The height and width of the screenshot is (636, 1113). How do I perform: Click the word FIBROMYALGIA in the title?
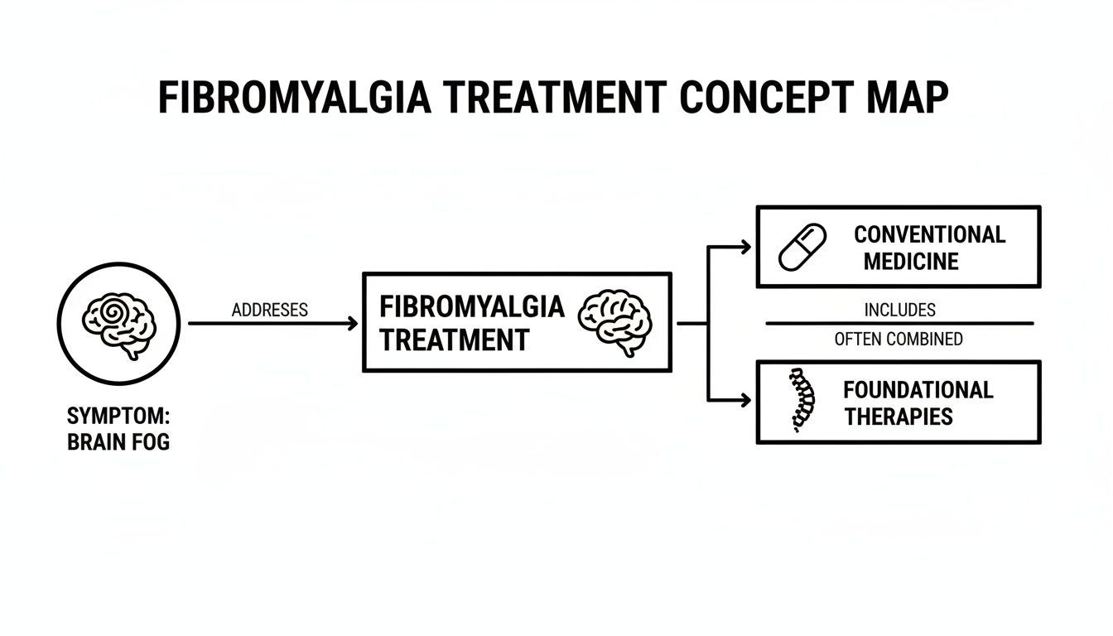click(293, 99)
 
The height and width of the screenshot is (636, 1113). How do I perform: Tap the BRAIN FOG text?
click(118, 442)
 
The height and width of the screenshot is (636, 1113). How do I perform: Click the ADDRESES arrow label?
click(270, 310)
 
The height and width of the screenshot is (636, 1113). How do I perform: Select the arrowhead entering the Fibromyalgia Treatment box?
click(353, 323)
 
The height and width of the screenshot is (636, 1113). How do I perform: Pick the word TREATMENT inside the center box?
click(454, 340)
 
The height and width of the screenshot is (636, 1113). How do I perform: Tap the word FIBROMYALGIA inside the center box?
click(471, 306)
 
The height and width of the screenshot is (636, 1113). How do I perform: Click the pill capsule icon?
click(802, 247)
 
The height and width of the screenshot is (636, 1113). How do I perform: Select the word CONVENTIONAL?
click(929, 234)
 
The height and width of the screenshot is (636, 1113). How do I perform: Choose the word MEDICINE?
click(911, 262)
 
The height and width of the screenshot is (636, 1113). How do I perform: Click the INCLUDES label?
click(899, 310)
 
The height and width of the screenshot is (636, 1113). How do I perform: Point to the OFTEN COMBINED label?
click(899, 339)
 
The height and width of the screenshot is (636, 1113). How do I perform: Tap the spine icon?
click(800, 401)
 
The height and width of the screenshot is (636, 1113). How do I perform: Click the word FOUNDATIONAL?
click(918, 389)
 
